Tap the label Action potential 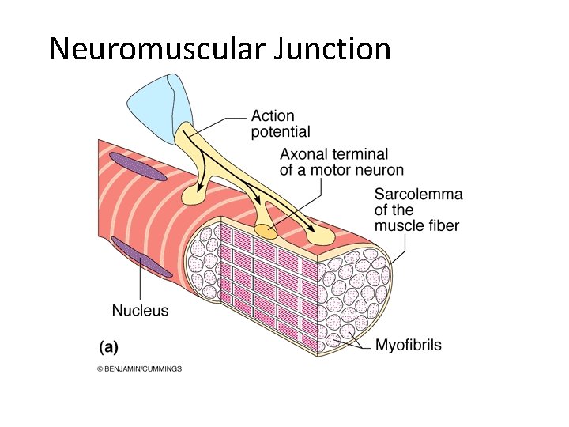281,124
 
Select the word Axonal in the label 304,154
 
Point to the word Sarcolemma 418,195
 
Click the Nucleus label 140,310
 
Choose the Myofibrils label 408,345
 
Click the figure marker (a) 108,346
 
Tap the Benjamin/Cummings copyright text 139,368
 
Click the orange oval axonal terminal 266,232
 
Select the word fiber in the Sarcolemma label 445,225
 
